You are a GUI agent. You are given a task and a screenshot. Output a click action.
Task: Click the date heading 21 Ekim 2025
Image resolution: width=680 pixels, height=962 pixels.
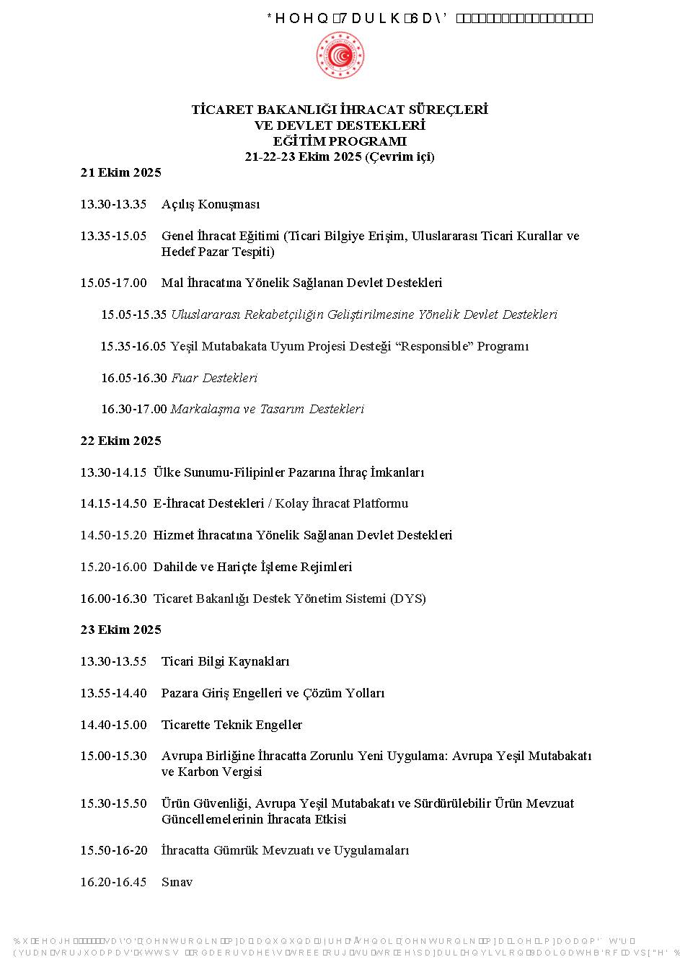[x=120, y=172]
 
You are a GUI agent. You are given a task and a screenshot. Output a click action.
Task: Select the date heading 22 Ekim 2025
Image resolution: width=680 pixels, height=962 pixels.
[x=120, y=441]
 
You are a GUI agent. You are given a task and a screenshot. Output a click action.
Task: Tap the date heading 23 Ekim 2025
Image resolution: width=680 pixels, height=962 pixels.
[x=120, y=630]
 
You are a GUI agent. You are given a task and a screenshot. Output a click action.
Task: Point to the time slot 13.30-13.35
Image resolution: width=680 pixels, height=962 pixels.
[x=113, y=204]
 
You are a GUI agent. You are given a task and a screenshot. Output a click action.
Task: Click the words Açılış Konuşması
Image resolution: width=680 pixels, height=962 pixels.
[x=210, y=204]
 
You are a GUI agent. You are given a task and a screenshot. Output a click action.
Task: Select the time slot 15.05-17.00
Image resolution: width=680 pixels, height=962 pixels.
[x=113, y=283]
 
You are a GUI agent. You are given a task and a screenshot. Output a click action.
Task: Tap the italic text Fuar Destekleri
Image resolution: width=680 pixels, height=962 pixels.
[x=214, y=378]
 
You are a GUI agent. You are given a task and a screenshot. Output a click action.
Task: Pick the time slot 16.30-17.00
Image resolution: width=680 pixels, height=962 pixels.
[x=133, y=409]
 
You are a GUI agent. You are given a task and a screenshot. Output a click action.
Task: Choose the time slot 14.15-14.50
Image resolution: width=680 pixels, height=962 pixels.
[x=113, y=503]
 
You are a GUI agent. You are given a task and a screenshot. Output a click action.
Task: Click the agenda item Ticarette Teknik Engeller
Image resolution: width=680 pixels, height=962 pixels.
[x=231, y=725]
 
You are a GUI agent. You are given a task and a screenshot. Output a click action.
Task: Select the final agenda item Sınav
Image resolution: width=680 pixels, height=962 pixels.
[x=177, y=882]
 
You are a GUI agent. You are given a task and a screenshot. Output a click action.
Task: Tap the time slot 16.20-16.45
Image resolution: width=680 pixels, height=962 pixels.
[x=113, y=882]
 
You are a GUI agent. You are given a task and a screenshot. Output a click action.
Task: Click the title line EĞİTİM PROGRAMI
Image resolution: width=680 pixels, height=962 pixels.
[x=340, y=141]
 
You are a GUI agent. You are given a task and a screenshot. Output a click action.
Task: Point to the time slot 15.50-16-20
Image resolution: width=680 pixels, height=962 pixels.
[x=113, y=850]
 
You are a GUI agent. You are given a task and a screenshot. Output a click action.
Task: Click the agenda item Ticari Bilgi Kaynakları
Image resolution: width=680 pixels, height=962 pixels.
[x=225, y=661]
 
